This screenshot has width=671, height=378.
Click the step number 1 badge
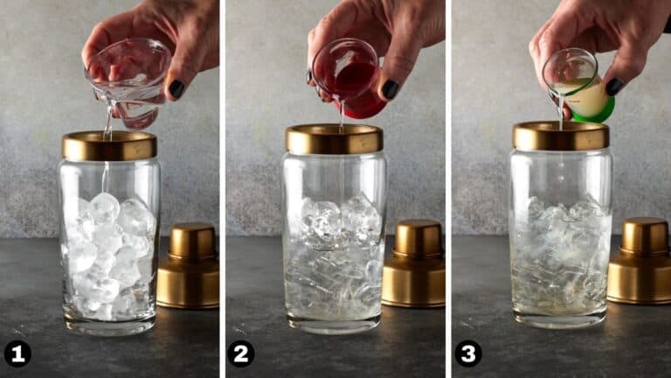pyautogui.click(x=17, y=354)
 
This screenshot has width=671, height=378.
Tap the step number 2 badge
pyautogui.click(x=240, y=354)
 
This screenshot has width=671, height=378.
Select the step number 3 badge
pyautogui.click(x=468, y=354)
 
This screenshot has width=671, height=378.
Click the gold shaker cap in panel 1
pyautogui.click(x=189, y=266)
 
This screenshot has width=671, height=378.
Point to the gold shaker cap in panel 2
pyautogui.click(x=413, y=263)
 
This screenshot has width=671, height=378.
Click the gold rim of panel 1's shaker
pyautogui.click(x=109, y=146)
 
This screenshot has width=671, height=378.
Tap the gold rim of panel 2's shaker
pyautogui.click(x=335, y=139)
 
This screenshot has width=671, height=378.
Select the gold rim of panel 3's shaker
pyautogui.click(x=561, y=136)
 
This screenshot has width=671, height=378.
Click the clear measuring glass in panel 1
pyautogui.click(x=128, y=81)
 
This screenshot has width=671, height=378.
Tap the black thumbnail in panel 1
pyautogui.click(x=176, y=88)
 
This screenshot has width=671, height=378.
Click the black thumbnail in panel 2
pyautogui.click(x=390, y=89)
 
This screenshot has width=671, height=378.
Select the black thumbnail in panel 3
pyautogui.click(x=614, y=87)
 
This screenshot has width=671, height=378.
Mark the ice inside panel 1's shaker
pyautogui.click(x=109, y=256)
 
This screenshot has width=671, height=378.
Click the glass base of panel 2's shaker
pyautogui.click(x=335, y=324)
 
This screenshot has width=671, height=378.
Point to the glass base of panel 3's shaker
pyautogui.click(x=561, y=319)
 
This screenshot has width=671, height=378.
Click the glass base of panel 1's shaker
pyautogui.click(x=109, y=325)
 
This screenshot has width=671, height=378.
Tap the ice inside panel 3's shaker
pyautogui.click(x=561, y=253)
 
